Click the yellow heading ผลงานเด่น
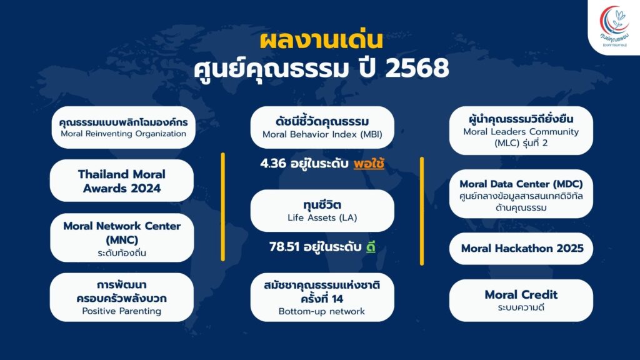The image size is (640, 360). coord(321,41)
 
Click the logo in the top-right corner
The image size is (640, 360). coord(614,27)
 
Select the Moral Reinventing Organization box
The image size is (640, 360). coord(123,127)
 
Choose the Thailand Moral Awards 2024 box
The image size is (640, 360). coord(122,181)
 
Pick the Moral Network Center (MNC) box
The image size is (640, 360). coord(122,237)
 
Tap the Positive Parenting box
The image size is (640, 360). coord(122,297)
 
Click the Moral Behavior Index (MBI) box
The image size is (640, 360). coord(322,127)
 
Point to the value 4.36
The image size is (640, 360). coord(273,163)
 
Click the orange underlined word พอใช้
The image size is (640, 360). coord(369,164)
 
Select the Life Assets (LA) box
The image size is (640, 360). coord(322,211)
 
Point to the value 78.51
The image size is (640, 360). coord(284,247)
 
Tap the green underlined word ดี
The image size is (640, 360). coord(371,247)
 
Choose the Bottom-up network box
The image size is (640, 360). coord(322,297)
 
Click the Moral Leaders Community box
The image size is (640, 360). coord(521,131)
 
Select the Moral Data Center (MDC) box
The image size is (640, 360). coord(521,194)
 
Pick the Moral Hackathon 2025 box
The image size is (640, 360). coord(521,249)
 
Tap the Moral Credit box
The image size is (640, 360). coord(521,301)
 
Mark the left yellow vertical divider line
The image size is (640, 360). coord(223,206)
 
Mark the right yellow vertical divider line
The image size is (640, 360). coord(422,211)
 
